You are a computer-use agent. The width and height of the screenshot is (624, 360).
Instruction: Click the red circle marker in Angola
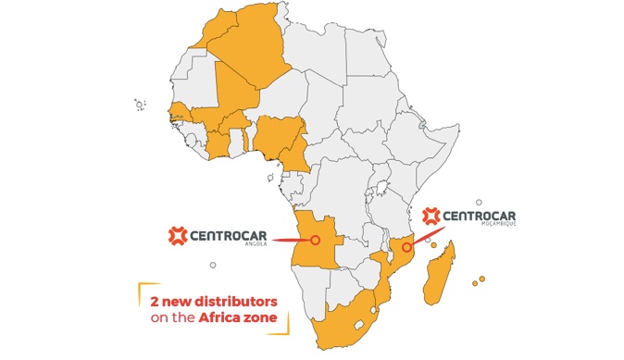tap(315, 240)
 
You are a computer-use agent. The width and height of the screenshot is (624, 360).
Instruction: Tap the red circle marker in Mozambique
tap(406, 247)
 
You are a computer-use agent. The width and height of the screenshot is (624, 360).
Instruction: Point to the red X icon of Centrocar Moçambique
tap(431, 216)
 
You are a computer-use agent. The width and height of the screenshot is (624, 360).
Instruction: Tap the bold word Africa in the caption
tap(224, 319)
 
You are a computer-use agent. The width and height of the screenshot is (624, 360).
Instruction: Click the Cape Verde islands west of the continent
tap(140, 105)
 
